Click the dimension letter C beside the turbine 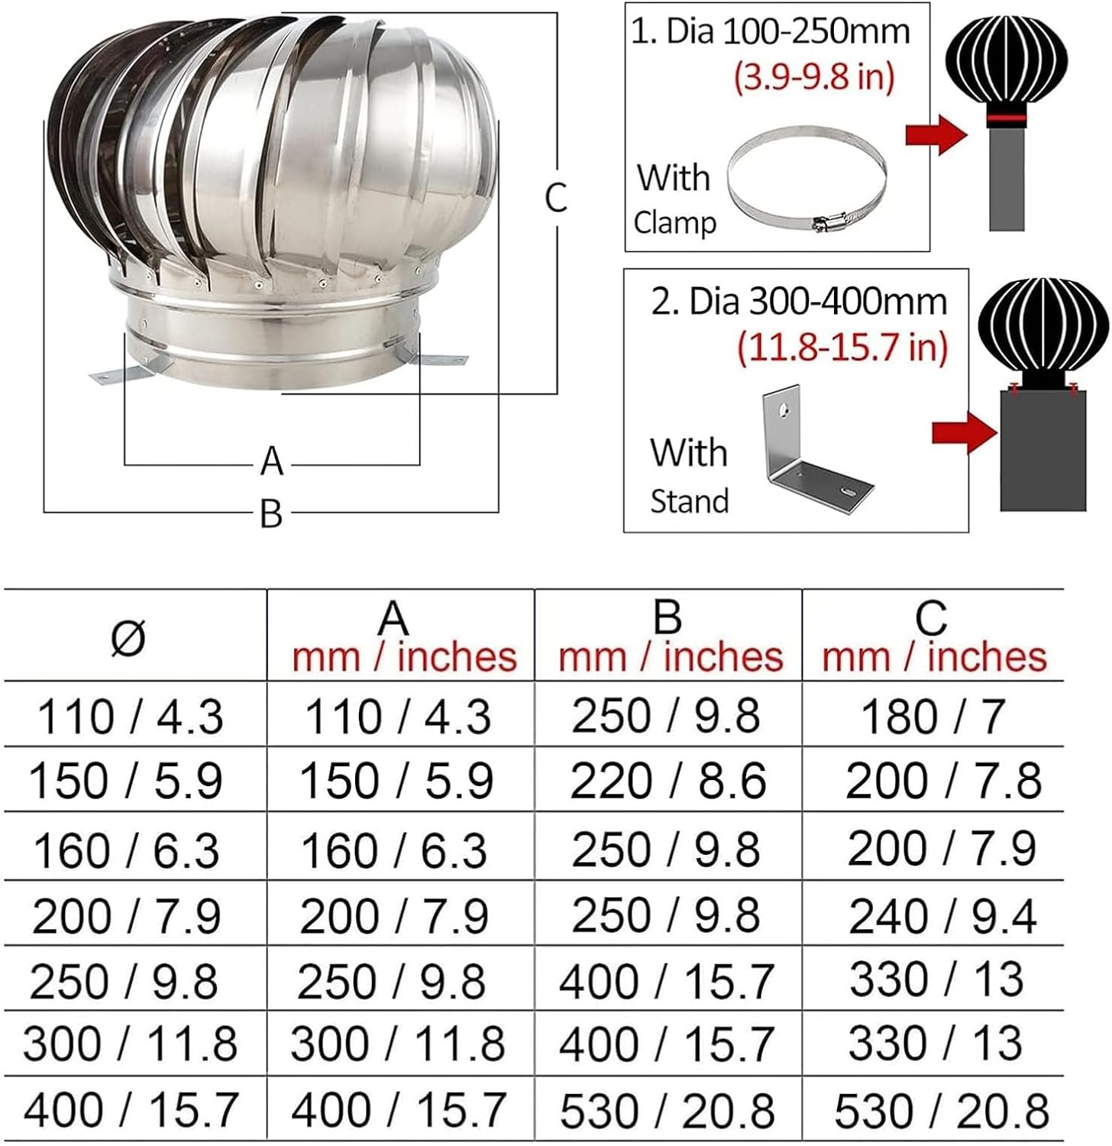[556, 197]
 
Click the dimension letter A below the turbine [272, 461]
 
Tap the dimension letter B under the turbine [271, 513]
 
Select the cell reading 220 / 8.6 [668, 781]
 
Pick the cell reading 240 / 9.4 [942, 915]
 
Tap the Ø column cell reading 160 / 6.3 [126, 850]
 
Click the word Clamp [675, 223]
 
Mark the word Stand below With [689, 501]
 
